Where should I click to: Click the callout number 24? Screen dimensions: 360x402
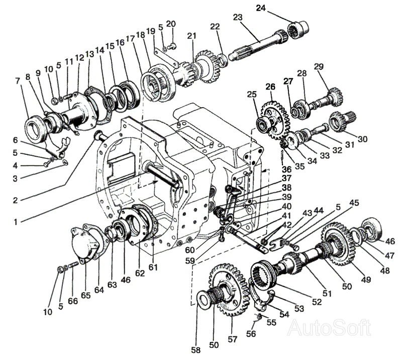(261, 8)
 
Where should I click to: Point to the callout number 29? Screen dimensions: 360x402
(318, 67)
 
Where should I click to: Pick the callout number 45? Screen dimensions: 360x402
(355, 203)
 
